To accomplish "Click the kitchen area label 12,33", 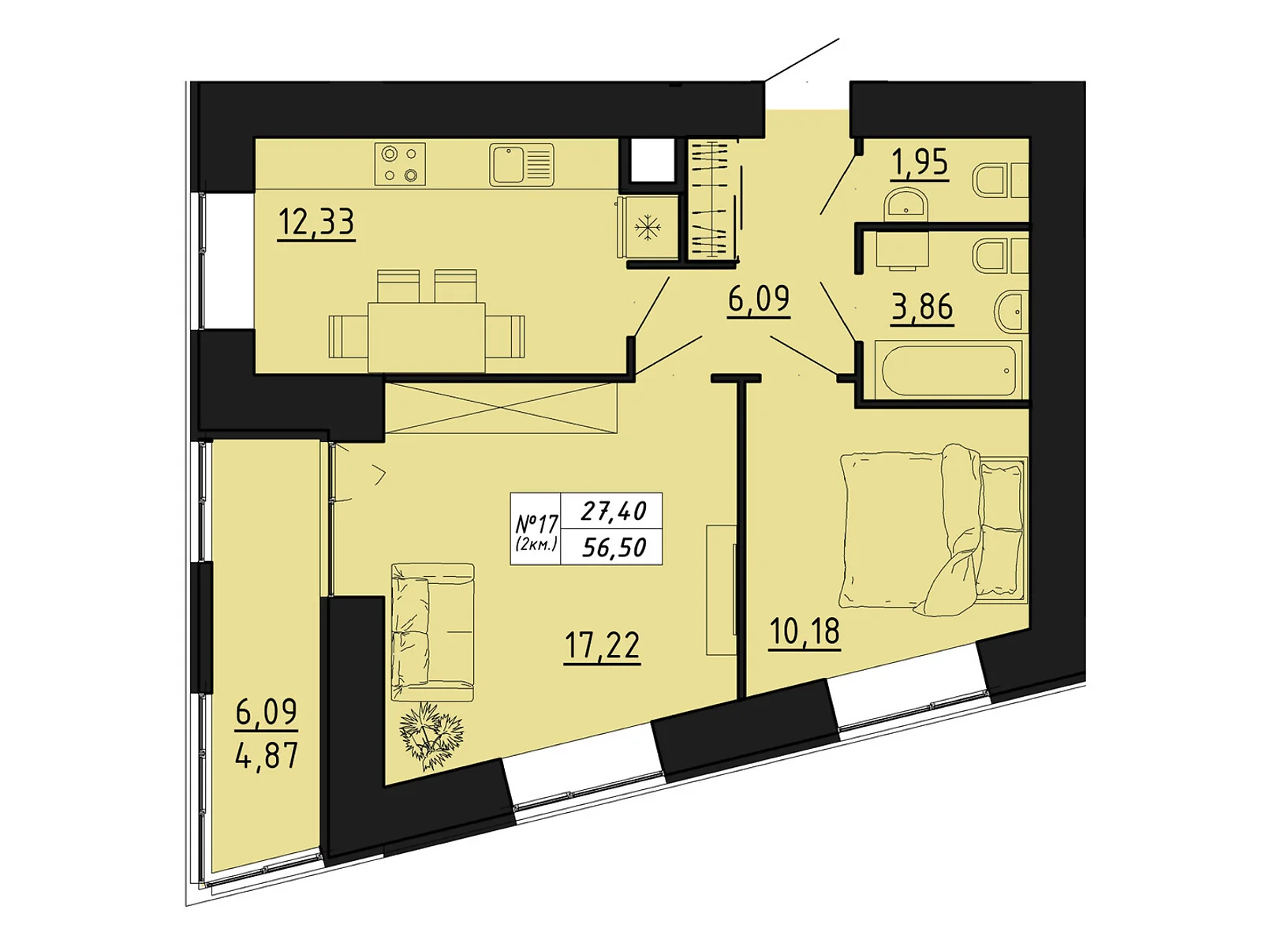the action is pyautogui.click(x=315, y=223).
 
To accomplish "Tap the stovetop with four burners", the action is pyautogui.click(x=400, y=164).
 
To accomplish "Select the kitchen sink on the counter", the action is pyautogui.click(x=521, y=164).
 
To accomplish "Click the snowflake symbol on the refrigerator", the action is pyautogui.click(x=648, y=227).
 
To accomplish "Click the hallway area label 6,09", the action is pyautogui.click(x=758, y=300).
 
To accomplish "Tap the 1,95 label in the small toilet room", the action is pyautogui.click(x=920, y=163).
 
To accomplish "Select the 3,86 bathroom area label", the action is pyautogui.click(x=921, y=308).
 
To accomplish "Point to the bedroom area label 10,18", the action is pyautogui.click(x=805, y=632).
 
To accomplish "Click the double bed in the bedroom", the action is pyautogui.click(x=933, y=530).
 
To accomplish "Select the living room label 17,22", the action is pyautogui.click(x=602, y=646).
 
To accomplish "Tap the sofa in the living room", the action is pyautogui.click(x=432, y=632).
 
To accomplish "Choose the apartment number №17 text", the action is pyautogui.click(x=536, y=523).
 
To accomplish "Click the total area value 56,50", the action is pyautogui.click(x=614, y=548).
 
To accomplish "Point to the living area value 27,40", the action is pyautogui.click(x=613, y=511).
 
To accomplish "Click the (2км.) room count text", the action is pyautogui.click(x=536, y=544).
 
